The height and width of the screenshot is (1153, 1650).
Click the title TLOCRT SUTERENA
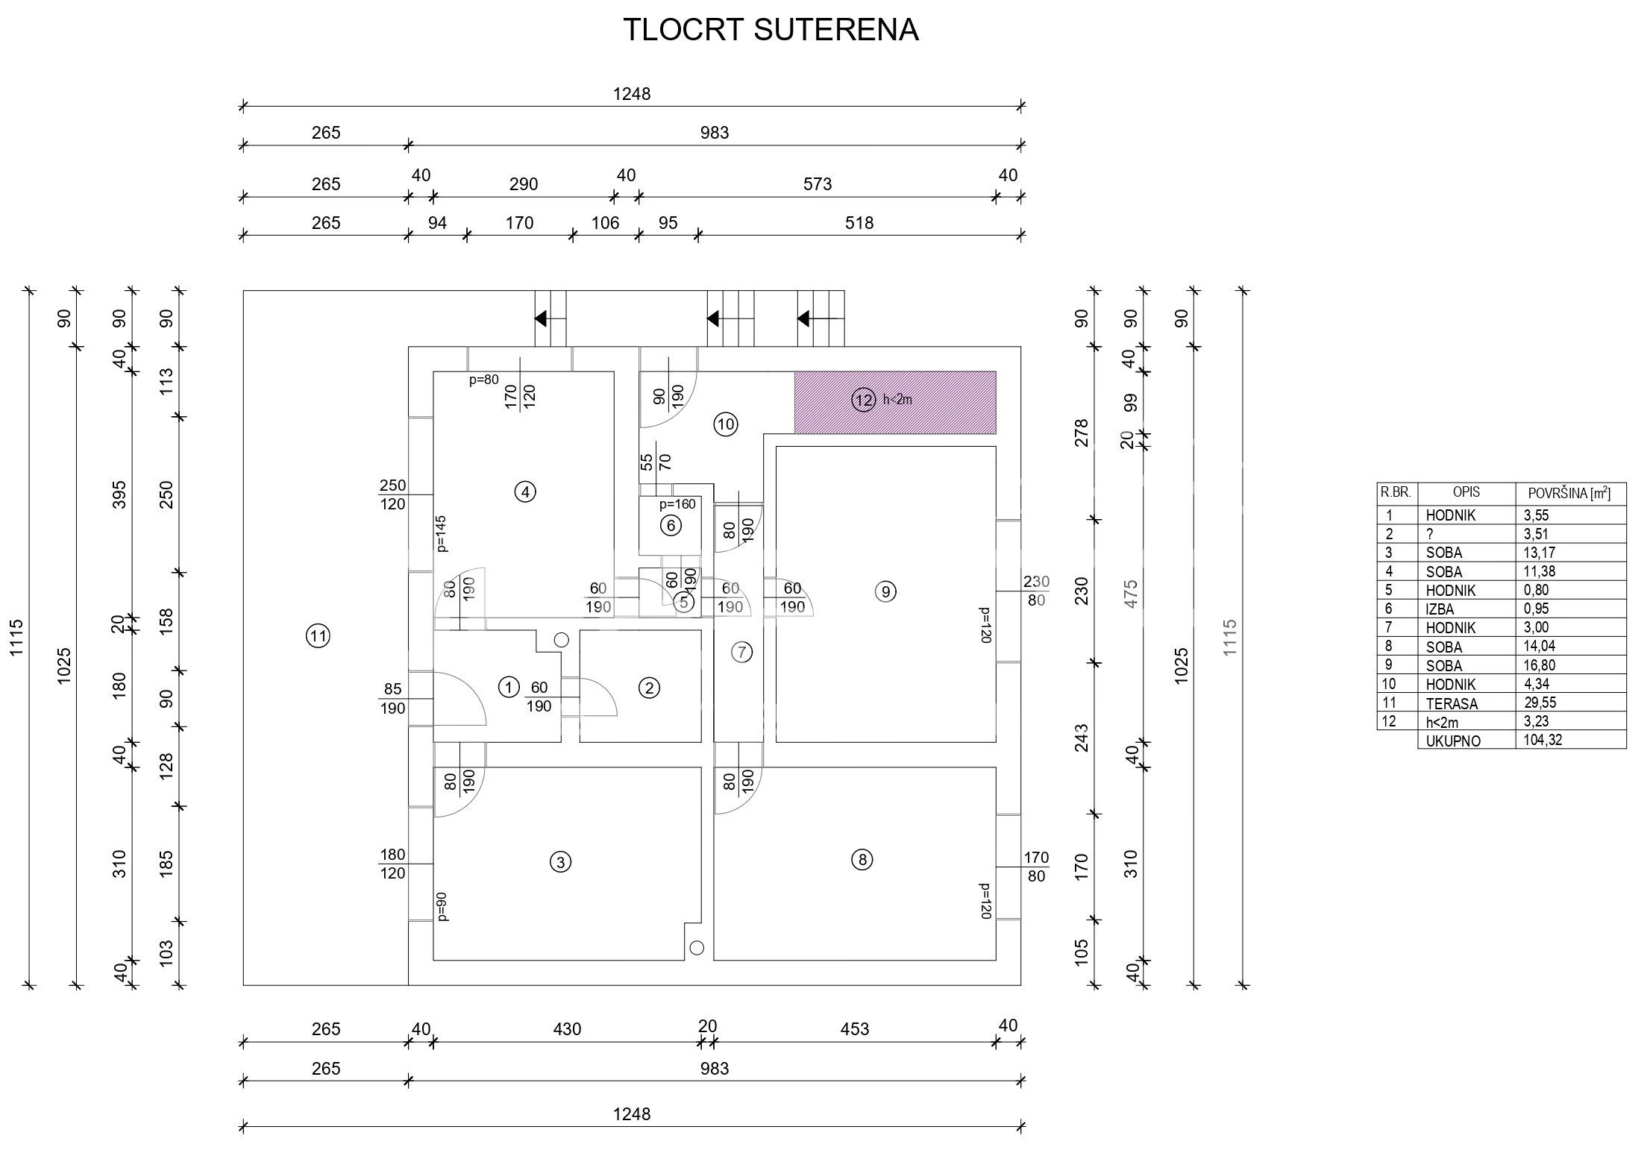tap(771, 30)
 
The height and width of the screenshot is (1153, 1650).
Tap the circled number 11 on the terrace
tap(319, 637)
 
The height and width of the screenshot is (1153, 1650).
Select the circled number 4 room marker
tap(525, 492)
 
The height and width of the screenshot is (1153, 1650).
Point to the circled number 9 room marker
tap(885, 592)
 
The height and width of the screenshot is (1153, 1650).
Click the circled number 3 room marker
tap(560, 862)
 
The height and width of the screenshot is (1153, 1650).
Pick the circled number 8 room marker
tap(862, 860)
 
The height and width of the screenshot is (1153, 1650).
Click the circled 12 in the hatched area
tap(864, 400)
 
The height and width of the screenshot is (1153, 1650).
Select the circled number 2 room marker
tap(649, 688)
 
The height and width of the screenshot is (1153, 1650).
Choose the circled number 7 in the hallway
tap(741, 653)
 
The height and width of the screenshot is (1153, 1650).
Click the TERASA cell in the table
tap(1452, 703)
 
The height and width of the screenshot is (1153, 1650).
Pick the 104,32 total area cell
tap(1544, 741)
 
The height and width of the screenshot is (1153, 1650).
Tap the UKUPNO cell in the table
tap(1453, 741)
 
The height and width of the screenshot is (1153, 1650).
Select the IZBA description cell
tap(1440, 609)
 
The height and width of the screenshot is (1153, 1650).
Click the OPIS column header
tap(1467, 493)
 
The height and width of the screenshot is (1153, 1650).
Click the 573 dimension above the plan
tap(818, 184)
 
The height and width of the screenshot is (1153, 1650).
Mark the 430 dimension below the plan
tap(567, 1029)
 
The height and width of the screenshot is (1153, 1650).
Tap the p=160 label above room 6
tap(677, 504)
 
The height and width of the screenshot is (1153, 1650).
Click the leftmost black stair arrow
tap(541, 319)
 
